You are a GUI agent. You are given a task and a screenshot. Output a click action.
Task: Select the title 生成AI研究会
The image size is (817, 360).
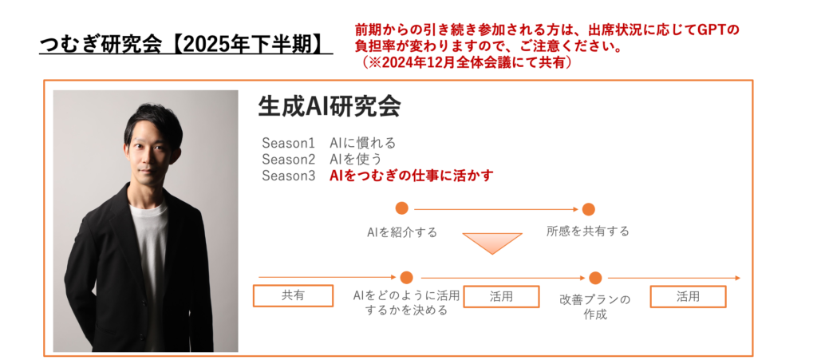[x=329, y=107]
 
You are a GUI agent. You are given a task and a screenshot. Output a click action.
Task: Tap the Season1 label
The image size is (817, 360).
[x=288, y=143]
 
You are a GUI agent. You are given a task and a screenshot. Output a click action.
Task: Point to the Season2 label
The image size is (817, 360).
[x=288, y=159]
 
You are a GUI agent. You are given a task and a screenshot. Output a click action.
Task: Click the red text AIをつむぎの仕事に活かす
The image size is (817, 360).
[x=412, y=176]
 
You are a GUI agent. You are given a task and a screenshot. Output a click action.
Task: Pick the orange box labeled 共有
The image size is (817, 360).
[x=292, y=296]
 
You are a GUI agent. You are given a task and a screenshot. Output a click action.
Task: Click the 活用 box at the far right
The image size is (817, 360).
[x=688, y=296]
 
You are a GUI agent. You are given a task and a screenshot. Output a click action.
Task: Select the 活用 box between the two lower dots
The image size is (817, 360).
[x=500, y=296]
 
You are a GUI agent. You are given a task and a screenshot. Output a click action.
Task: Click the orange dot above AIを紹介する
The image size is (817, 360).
[x=402, y=208]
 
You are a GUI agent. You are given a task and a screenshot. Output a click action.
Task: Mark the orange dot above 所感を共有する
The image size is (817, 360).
[x=588, y=209]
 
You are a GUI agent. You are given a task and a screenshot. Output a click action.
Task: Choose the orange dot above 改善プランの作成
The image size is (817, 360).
[x=594, y=278]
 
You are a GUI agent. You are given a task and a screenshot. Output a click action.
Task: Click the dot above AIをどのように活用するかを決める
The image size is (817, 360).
[x=406, y=278]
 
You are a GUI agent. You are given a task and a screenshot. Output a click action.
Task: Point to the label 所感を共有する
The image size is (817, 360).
[x=588, y=231]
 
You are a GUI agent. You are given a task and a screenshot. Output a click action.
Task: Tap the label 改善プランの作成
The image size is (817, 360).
[x=594, y=307]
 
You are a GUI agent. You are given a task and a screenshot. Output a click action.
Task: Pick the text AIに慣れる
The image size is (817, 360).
[x=363, y=143]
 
